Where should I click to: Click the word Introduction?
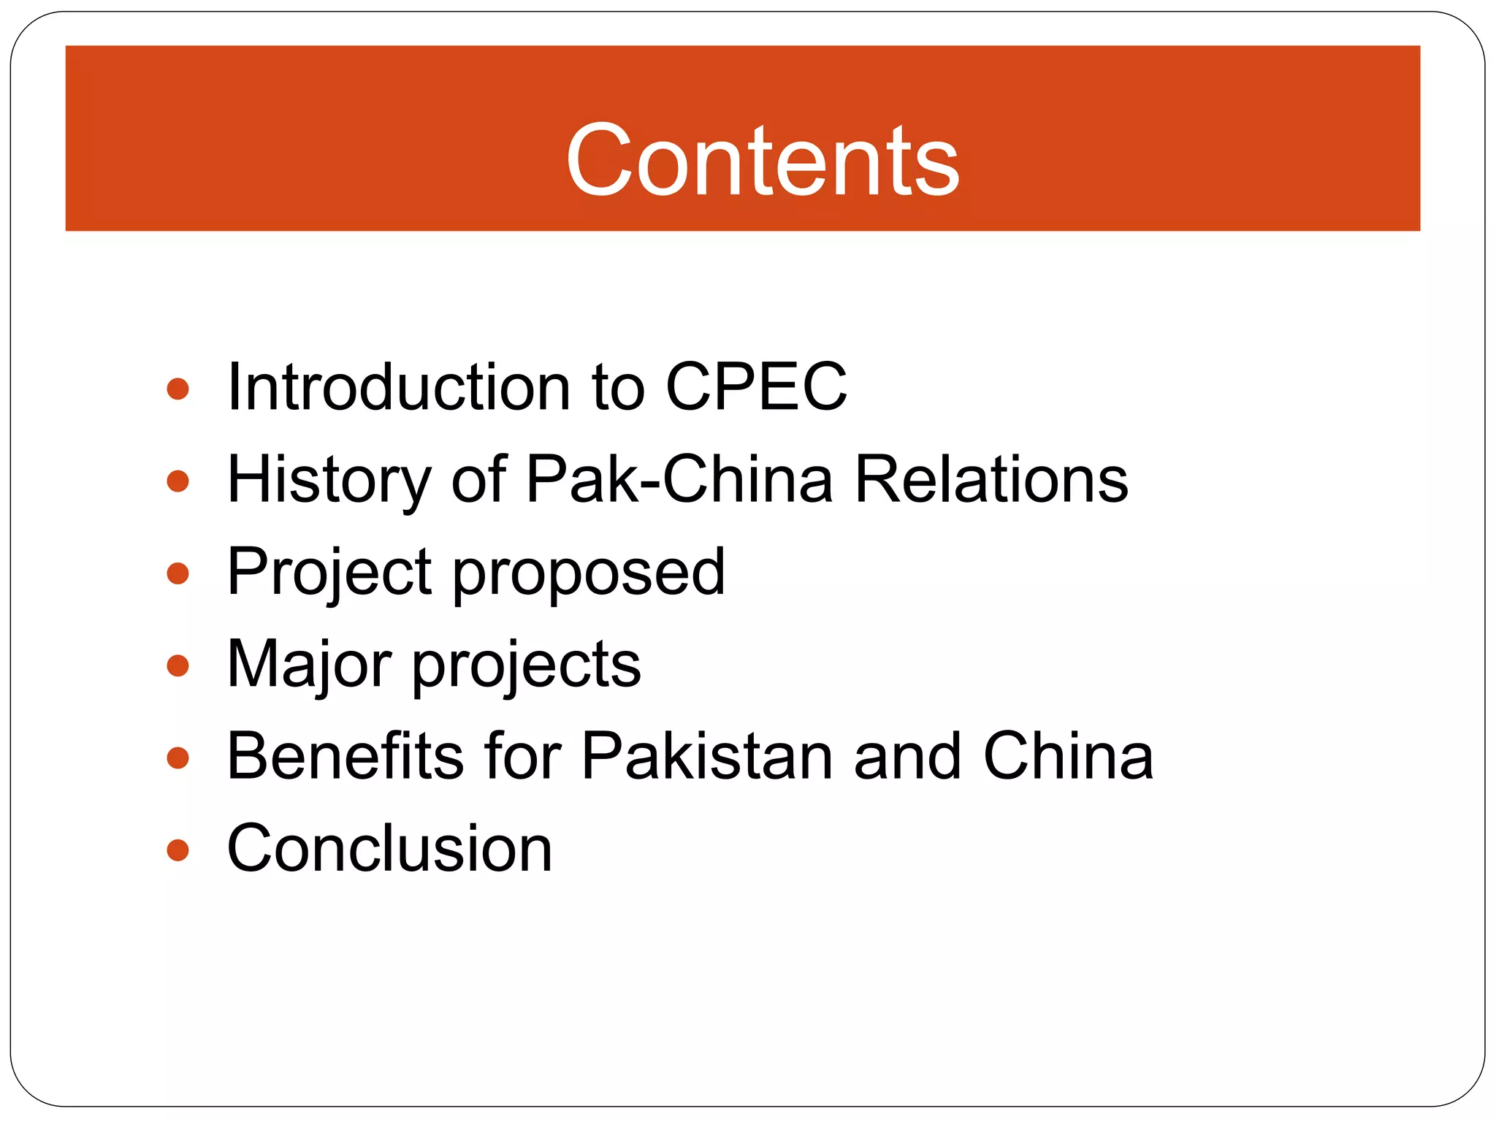point(399,387)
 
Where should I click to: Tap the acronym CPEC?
point(756,387)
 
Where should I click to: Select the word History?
point(329,480)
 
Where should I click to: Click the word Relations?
point(991,480)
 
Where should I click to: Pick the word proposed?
point(589,573)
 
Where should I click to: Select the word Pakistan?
point(707,757)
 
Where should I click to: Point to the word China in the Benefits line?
point(1068,757)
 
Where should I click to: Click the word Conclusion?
point(389,849)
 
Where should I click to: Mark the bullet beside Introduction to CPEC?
point(178,389)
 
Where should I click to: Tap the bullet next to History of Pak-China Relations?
point(178,481)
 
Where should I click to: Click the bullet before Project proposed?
point(178,573)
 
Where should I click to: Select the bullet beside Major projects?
point(178,665)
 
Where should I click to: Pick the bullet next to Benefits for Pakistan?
point(178,757)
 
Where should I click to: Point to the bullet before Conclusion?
point(178,850)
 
